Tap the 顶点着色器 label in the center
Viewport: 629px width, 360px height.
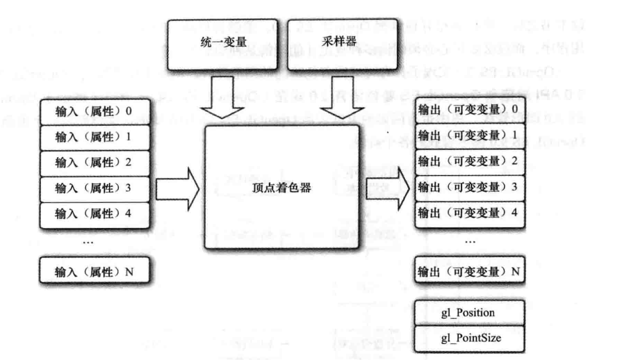(x=281, y=187)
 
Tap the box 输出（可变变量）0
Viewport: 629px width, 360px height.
(x=468, y=109)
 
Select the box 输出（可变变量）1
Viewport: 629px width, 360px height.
(x=468, y=135)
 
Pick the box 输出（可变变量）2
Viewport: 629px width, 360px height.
(x=468, y=161)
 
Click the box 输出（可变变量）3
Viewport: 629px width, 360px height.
(x=468, y=186)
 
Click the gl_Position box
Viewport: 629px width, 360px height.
(x=468, y=313)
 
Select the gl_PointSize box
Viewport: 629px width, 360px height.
(x=468, y=338)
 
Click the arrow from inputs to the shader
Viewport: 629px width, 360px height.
(x=177, y=188)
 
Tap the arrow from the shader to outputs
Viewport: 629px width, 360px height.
(x=387, y=188)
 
